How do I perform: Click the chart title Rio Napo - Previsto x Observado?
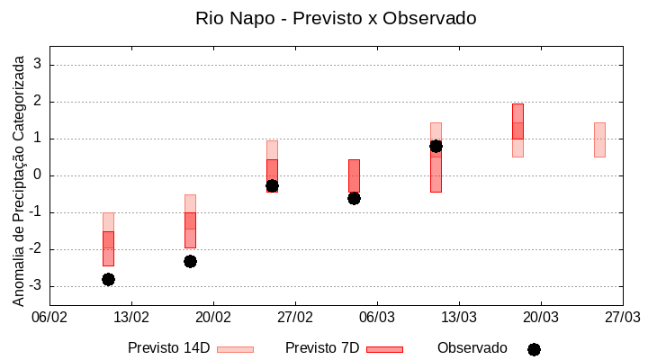(336, 18)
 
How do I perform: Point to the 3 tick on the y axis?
(38, 65)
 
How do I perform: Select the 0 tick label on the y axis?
(38, 175)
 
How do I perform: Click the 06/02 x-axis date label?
(49, 317)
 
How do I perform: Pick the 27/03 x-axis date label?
(622, 317)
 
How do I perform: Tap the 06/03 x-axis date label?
(377, 317)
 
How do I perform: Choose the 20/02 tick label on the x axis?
(213, 317)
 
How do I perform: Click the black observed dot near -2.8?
(108, 279)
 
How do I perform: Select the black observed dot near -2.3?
(190, 261)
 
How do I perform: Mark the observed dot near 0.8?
(436, 146)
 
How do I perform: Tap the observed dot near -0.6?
(354, 198)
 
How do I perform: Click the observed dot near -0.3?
(272, 185)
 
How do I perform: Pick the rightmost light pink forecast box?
(599, 139)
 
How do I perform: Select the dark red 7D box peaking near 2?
(517, 121)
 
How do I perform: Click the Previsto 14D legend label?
(168, 348)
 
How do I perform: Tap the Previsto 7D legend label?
(321, 348)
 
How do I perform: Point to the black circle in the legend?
(534, 349)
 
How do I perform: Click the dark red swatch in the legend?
(384, 349)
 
